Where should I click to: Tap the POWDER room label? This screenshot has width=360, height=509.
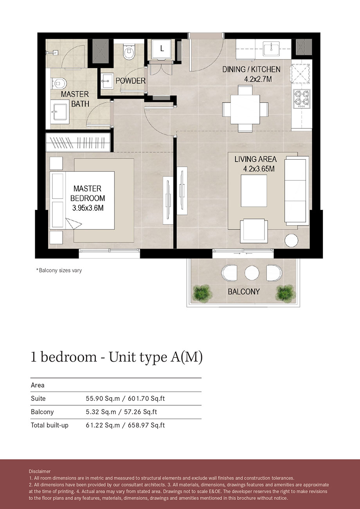tap(130, 81)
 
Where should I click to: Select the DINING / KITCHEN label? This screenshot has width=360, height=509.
tap(251, 69)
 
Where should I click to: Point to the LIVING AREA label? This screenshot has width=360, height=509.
tap(256, 159)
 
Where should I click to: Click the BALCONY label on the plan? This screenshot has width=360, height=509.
tap(244, 292)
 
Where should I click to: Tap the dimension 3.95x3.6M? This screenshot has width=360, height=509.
tap(88, 209)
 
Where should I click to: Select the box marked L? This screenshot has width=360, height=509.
tap(161, 49)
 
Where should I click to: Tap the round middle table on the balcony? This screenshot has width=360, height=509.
tap(250, 273)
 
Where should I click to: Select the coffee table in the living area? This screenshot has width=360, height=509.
tap(254, 191)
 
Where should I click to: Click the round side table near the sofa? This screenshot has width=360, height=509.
tap(292, 240)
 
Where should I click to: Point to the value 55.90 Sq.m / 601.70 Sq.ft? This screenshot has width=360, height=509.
tap(125, 399)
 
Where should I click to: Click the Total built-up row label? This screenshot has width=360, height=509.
tap(50, 425)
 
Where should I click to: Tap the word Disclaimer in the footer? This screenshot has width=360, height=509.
tap(40, 471)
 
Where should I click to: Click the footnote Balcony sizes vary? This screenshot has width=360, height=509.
tap(59, 270)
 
